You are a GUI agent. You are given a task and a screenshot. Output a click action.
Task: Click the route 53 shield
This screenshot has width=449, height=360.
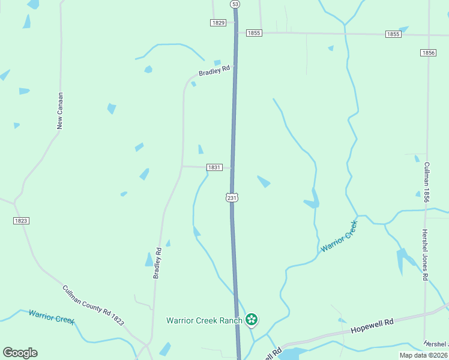235,4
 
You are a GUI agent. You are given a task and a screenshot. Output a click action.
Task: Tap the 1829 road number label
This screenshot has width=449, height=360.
218,23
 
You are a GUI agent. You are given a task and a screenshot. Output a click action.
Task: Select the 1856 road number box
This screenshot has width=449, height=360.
428,53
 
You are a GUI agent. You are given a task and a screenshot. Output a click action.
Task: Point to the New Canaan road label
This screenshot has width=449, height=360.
60,110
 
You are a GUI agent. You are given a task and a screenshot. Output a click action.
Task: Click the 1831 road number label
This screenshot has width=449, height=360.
215,167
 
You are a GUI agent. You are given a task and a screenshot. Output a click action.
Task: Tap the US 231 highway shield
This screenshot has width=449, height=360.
232,197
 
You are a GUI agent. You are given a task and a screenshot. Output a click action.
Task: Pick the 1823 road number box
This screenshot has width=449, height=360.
21,221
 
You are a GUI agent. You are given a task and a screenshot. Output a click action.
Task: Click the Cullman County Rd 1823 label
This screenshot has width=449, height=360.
93,305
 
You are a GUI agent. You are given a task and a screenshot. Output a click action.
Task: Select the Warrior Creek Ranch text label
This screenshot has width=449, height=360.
204,320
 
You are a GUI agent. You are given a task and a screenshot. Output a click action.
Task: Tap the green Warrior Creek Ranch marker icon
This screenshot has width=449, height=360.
252,320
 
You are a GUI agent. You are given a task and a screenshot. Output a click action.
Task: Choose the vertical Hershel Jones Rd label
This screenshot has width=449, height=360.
425,255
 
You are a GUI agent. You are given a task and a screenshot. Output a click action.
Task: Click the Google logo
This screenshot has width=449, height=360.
20,353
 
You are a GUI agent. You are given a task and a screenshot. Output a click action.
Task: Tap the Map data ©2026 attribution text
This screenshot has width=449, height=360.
423,355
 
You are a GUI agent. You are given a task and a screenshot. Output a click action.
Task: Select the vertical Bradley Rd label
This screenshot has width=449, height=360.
157,263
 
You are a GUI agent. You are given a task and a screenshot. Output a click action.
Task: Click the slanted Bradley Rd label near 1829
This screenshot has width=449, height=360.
215,71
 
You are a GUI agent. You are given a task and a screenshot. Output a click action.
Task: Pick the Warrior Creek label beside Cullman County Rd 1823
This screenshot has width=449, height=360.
51,317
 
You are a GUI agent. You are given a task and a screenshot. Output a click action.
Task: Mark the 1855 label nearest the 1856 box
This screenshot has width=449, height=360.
393,34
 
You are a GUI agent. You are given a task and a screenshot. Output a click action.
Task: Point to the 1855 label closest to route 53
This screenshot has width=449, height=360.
254,33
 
